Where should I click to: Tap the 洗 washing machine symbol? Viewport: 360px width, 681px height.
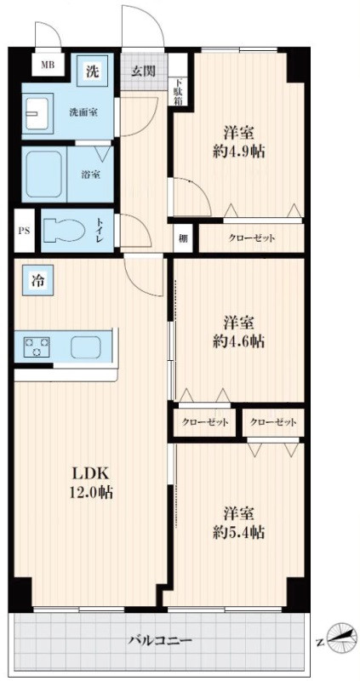pos(92,72)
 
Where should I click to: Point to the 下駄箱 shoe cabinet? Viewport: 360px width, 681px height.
pos(178,90)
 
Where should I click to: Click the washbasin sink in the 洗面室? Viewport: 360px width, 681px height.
pos(39,114)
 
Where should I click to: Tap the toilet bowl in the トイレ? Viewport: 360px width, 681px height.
pos(66,230)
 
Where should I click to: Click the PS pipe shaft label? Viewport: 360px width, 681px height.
pos(24,231)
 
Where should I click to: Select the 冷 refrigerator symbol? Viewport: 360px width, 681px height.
pos(38,281)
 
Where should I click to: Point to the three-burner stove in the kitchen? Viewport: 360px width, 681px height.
pos(37,346)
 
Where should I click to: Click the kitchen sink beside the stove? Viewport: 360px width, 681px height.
pos(85,347)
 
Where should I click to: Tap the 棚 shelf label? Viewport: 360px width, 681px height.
pos(183,238)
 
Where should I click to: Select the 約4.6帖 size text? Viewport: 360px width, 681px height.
pos(238,341)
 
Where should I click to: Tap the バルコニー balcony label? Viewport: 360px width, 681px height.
pos(160,640)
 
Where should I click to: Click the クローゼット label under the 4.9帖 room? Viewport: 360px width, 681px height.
pos(251,238)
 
